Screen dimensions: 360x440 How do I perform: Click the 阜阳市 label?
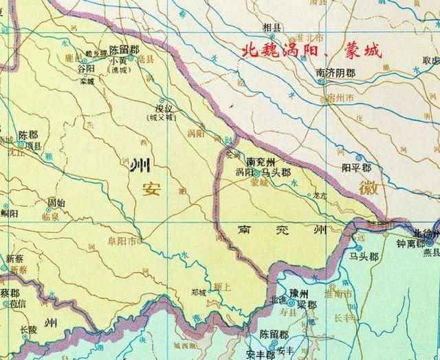tap(122, 241)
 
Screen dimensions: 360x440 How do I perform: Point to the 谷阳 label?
tap(86, 69)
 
